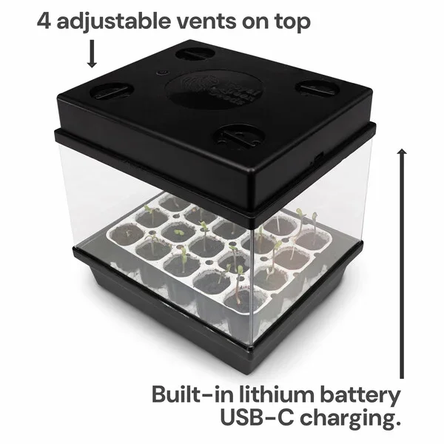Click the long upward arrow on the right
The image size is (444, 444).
[x=402, y=259]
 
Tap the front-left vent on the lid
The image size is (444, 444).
[x=112, y=92]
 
